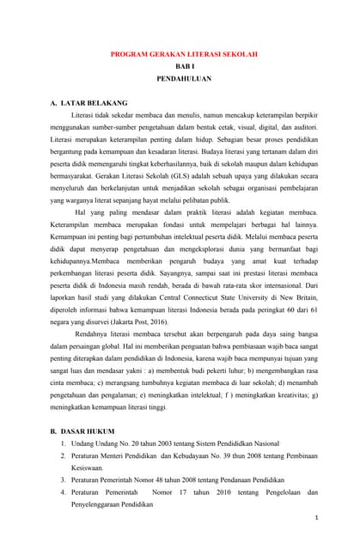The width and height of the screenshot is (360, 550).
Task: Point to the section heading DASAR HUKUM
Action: click(90, 425)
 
